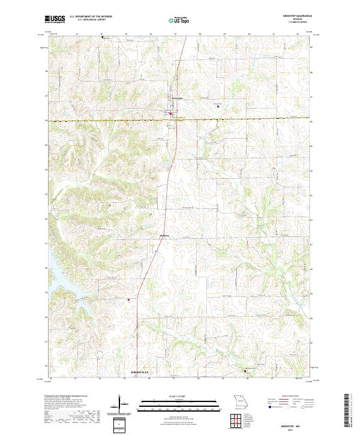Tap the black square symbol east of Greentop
(x=217, y=107)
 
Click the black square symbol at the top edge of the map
(x=103, y=37)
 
